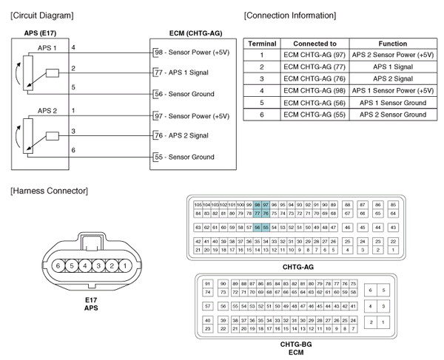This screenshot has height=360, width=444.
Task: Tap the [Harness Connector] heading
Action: pyautogui.click(x=48, y=191)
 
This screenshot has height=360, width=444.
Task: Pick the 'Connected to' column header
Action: pyautogui.click(x=314, y=44)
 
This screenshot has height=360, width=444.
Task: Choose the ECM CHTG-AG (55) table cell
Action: pyautogui.click(x=314, y=115)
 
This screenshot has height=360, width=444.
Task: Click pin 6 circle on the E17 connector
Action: pyautogui.click(x=57, y=265)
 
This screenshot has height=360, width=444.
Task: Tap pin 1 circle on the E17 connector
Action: pyautogui.click(x=125, y=265)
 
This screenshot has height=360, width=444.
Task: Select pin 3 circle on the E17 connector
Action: pyautogui.click(x=98, y=265)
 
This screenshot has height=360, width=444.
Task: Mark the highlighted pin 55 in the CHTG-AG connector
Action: pyautogui.click(x=266, y=227)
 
